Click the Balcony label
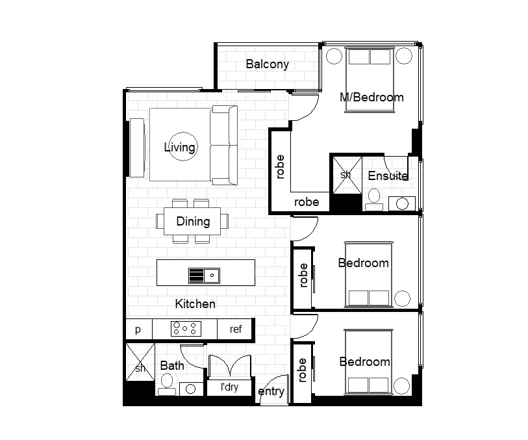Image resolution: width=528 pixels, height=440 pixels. [x=267, y=64]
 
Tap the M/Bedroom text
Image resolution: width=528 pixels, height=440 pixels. [x=371, y=97]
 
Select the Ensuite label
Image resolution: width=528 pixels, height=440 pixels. [x=388, y=176]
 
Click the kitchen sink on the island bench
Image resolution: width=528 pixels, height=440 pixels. [x=204, y=276]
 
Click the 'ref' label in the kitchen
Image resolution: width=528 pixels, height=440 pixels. [x=236, y=330]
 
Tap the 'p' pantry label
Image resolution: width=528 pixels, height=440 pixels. [x=138, y=330]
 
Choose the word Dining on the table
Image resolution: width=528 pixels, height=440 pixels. [x=193, y=222]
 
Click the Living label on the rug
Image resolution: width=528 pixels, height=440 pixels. [x=179, y=148]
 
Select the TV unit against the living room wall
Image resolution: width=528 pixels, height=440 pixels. [x=136, y=147]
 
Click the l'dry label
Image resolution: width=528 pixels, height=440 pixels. [x=229, y=388]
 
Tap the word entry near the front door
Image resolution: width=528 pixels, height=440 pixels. [x=271, y=391]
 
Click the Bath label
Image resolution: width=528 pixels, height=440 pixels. [x=171, y=366]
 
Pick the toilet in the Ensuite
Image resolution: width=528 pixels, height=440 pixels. [x=373, y=198]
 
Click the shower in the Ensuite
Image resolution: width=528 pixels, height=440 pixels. [x=346, y=174]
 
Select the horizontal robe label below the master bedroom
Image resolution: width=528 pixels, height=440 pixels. [x=307, y=202]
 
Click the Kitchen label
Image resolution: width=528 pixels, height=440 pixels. [x=195, y=304]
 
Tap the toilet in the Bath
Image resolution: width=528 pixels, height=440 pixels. [x=166, y=385]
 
